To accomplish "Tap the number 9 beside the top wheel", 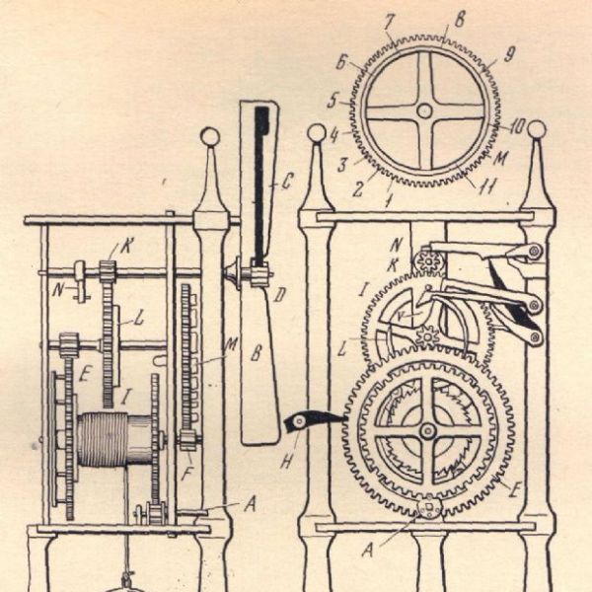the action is [x=508, y=55].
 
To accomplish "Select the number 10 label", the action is [x=517, y=126].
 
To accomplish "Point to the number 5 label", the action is [x=333, y=100].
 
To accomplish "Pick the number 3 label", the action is [x=342, y=165].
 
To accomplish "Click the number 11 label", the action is [x=487, y=186].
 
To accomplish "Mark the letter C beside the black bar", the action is [x=286, y=182].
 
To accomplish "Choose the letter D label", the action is [x=279, y=295].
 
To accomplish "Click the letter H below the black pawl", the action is [x=286, y=460].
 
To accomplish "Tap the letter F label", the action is [x=186, y=474].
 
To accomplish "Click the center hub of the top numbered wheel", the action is [x=424, y=111].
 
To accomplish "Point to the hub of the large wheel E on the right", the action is [x=428, y=430].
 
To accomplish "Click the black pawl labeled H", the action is [x=310, y=420].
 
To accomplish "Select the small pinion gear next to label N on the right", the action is [x=429, y=260].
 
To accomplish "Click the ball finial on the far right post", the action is [x=537, y=130].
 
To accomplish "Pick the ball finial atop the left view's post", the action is [x=210, y=136].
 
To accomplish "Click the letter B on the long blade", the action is [x=257, y=353].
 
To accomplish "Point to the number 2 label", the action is [x=357, y=189].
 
